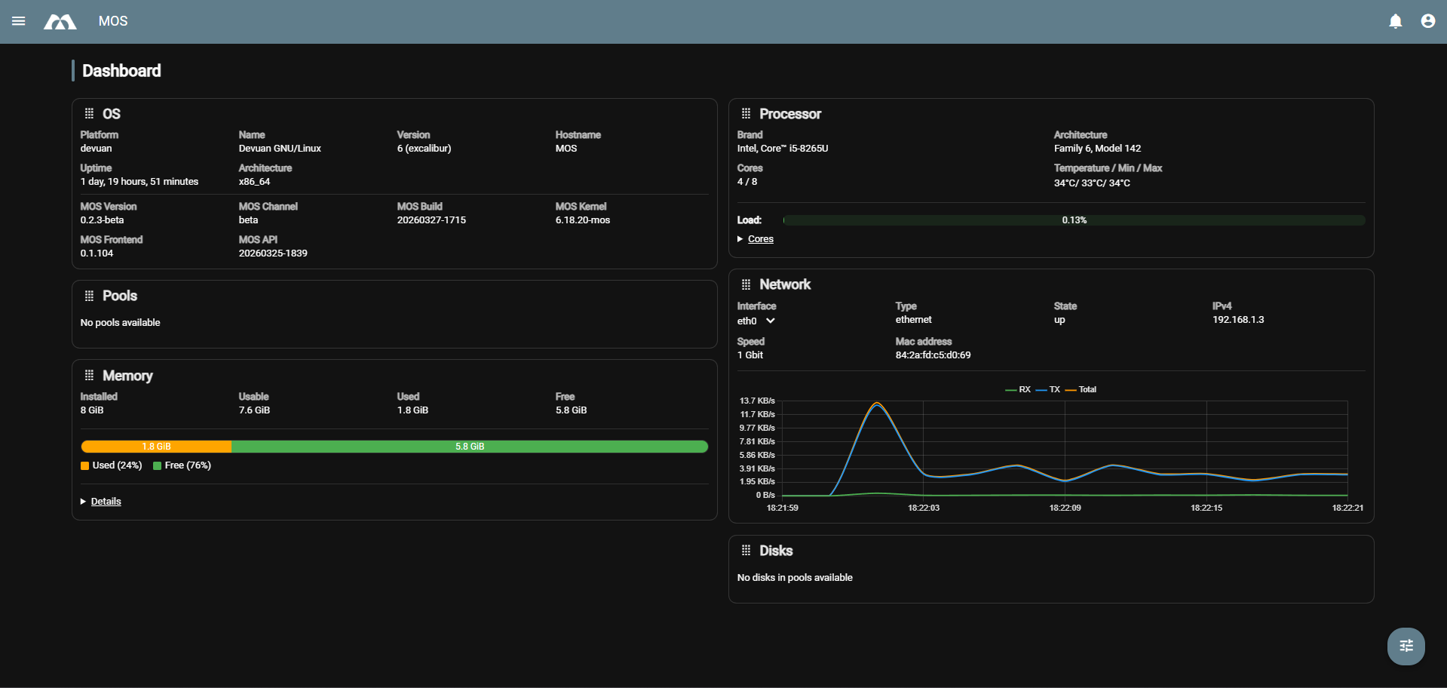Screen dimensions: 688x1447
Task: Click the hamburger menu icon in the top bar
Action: (19, 21)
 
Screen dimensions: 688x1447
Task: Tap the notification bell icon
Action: (1396, 21)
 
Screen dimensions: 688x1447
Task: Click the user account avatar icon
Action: (1428, 21)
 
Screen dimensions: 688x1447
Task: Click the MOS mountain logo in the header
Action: (60, 22)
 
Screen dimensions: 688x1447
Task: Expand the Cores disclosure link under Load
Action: (760, 239)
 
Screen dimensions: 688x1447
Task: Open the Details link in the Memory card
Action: (106, 502)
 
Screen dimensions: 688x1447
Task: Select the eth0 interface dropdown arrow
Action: (771, 321)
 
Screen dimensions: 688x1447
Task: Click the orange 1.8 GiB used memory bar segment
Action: (156, 447)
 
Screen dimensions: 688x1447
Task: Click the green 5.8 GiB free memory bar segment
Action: (470, 447)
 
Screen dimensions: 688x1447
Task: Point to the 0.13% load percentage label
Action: (1074, 220)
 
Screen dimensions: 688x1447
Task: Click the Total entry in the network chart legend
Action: (1087, 390)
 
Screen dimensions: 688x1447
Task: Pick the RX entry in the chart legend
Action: (1024, 390)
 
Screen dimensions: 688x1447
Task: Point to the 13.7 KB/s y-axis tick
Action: (757, 401)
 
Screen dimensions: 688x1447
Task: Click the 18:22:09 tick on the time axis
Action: (1065, 508)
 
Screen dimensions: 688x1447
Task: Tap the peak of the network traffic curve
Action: (877, 404)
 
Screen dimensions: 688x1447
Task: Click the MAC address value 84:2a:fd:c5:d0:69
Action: (933, 355)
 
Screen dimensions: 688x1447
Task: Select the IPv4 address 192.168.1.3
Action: (1238, 320)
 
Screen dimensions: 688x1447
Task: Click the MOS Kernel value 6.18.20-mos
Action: (582, 220)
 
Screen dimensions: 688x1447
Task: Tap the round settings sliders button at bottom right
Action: (1406, 646)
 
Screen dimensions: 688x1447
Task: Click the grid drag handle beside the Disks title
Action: (746, 551)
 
